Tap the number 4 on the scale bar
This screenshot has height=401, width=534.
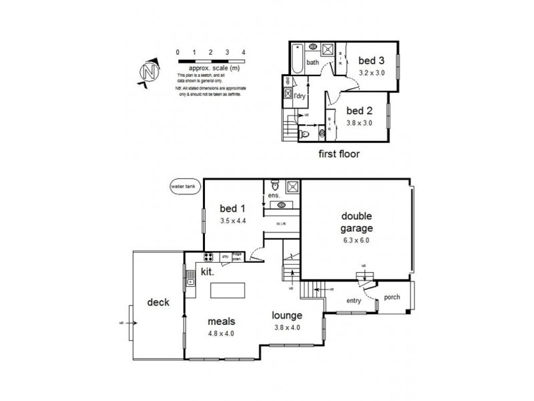tap(244, 51)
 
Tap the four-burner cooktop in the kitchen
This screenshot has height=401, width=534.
tap(208, 256)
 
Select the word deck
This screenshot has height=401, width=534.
tap(158, 302)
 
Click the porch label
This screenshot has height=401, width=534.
tap(392, 297)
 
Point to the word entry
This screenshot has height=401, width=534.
tap(353, 301)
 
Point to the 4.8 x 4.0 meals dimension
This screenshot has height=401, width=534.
tap(221, 332)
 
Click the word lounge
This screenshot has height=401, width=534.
tap(288, 315)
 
